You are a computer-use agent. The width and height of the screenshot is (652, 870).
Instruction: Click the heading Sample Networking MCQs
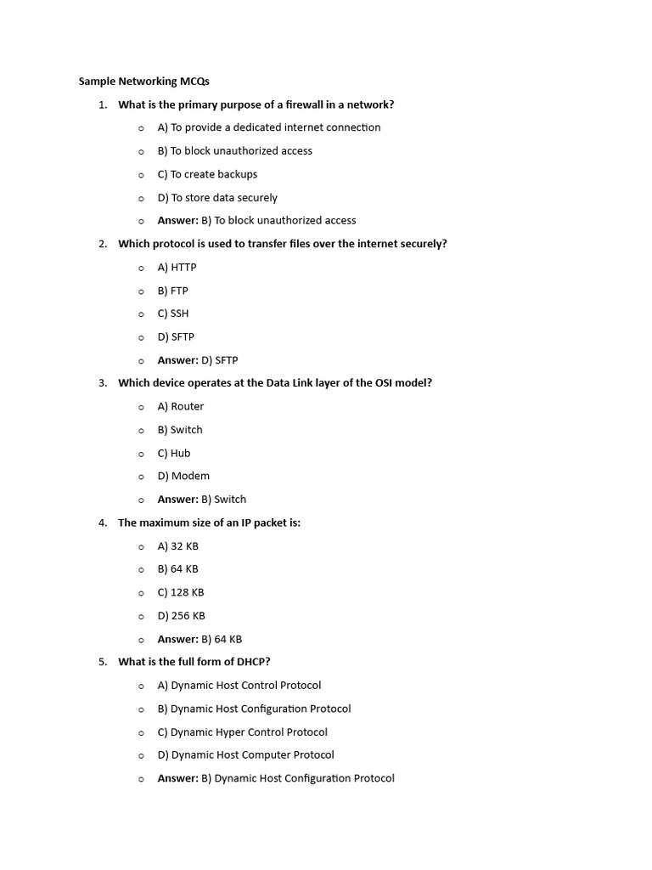click(143, 82)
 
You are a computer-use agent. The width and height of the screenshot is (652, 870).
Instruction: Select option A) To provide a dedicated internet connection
click(268, 127)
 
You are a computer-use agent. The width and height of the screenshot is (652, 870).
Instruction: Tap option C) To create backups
click(207, 174)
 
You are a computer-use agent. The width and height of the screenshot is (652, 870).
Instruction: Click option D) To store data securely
click(217, 197)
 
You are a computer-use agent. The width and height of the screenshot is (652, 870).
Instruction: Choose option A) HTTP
click(177, 267)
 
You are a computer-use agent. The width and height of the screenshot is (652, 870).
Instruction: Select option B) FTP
click(172, 291)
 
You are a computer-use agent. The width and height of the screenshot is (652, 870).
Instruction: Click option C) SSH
click(173, 314)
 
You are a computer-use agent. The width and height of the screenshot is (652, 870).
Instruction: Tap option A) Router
click(180, 406)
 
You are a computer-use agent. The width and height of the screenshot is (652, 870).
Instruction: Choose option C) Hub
click(174, 453)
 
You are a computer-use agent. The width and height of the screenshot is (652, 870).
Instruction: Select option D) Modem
click(183, 476)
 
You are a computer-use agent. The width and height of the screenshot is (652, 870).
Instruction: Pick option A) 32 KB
click(177, 546)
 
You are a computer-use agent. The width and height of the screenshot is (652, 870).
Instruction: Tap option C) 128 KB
click(181, 592)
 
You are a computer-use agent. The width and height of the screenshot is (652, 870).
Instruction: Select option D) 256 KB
click(181, 616)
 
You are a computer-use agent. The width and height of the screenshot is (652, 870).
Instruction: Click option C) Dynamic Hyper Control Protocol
click(242, 732)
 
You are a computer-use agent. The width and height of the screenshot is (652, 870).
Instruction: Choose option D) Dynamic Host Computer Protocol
click(245, 754)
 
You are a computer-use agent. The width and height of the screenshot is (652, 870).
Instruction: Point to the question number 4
click(102, 523)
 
